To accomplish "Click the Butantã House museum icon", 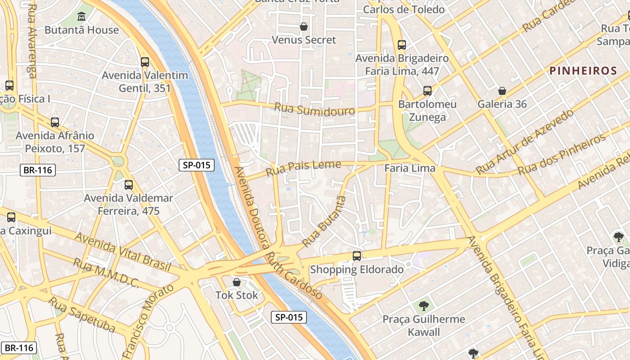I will pyautogui.click(x=82, y=17).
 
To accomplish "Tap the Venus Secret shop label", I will pyautogui.click(x=304, y=40).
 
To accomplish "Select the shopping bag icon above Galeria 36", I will pyautogui.click(x=502, y=91).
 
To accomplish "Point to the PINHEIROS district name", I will pyautogui.click(x=583, y=71).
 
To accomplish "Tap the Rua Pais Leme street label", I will pyautogui.click(x=303, y=168).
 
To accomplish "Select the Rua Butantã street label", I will pyautogui.click(x=324, y=221).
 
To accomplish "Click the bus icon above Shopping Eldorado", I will pyautogui.click(x=357, y=256).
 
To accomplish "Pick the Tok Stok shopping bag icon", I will pyautogui.click(x=237, y=282).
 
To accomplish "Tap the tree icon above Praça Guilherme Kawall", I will pyautogui.click(x=423, y=306).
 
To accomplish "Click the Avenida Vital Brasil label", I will pyautogui.click(x=122, y=252).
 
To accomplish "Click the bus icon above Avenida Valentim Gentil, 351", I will pyautogui.click(x=144, y=62).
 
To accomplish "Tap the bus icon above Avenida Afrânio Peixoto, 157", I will pyautogui.click(x=55, y=122).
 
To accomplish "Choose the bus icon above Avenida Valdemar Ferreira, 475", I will pyautogui.click(x=129, y=184).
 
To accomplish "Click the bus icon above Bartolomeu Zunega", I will pyautogui.click(x=427, y=91).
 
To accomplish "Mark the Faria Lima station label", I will pyautogui.click(x=409, y=168).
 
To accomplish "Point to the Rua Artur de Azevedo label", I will pyautogui.click(x=524, y=141).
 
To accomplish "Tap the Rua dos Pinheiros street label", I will pyautogui.click(x=562, y=155).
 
